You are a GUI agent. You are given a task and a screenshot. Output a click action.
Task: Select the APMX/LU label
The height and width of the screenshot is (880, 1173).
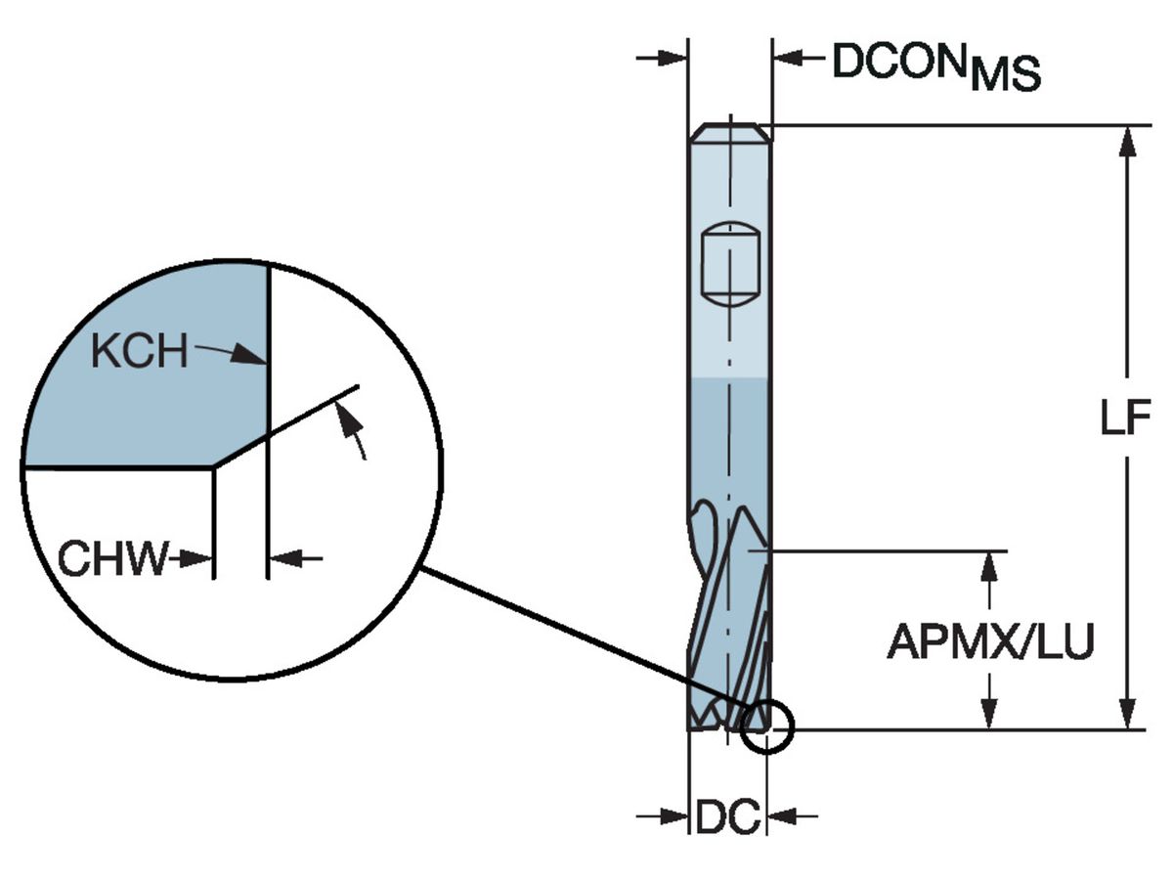point(989,642)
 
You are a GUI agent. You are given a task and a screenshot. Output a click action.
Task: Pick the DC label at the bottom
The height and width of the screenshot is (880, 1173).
point(727,816)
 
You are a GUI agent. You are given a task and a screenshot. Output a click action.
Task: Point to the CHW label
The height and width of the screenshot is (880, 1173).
point(112,559)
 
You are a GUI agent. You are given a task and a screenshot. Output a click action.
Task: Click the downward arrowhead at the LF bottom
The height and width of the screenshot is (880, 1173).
point(1127,714)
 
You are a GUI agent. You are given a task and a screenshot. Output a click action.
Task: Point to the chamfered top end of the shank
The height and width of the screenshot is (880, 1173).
point(730,131)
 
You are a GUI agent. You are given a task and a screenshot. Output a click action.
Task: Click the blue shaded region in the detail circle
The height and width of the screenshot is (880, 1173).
point(147,401)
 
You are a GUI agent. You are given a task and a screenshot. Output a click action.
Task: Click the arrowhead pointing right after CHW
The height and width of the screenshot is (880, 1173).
point(200,559)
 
